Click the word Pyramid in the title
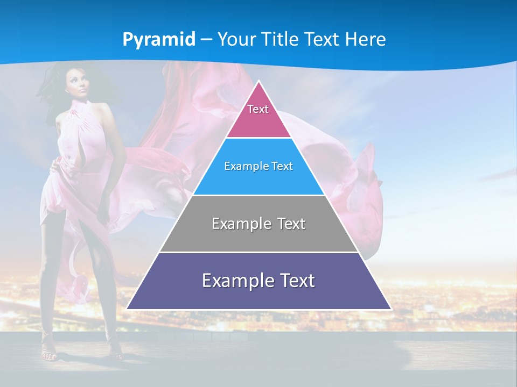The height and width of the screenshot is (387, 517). coord(159,40)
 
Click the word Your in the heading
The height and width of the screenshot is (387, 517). coord(236,39)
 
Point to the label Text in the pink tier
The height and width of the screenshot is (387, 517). coord(258,109)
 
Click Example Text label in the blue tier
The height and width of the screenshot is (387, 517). coord(258,166)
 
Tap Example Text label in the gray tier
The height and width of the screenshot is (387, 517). coord(258,224)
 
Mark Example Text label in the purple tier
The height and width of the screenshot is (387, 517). coord(258,281)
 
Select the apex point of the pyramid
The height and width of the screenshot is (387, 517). coord(259,82)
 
